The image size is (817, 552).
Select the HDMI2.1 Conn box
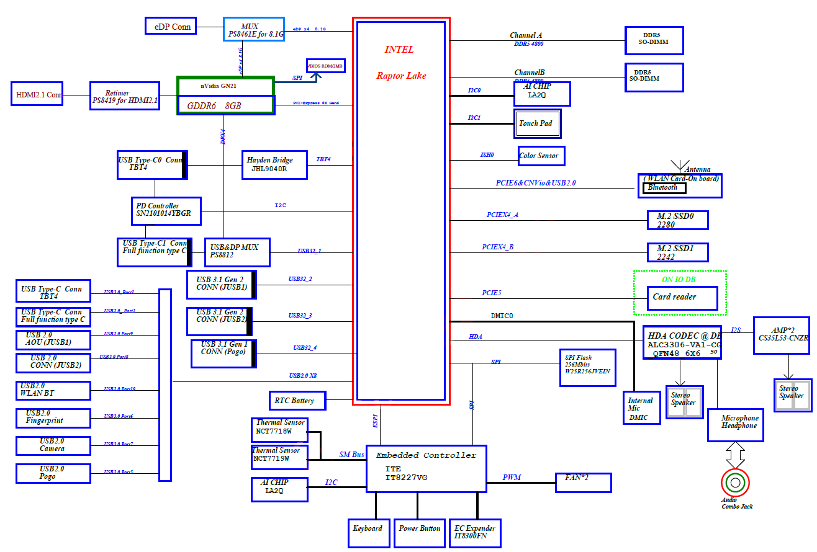click(37, 94)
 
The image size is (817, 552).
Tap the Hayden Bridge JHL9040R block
click(274, 164)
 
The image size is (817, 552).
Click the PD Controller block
click(166, 211)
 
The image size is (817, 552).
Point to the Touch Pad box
click(537, 124)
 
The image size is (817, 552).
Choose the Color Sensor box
click(541, 156)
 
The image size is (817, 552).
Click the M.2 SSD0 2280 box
click(677, 220)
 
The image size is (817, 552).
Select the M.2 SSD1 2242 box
click(677, 252)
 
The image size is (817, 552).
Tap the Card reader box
click(682, 297)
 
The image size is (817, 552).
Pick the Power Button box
click(419, 532)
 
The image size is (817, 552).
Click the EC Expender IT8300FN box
click(474, 532)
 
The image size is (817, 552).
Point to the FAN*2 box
click(583, 482)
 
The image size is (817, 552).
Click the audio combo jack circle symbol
click(735, 483)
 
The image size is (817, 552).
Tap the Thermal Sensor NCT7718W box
click(279, 426)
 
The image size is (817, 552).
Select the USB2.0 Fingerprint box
click(53, 417)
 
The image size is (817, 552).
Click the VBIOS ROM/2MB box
click(325, 66)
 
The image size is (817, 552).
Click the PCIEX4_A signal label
click(502, 215)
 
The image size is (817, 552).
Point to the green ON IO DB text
click(679, 280)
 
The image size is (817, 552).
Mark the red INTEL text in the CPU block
click(399, 50)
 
